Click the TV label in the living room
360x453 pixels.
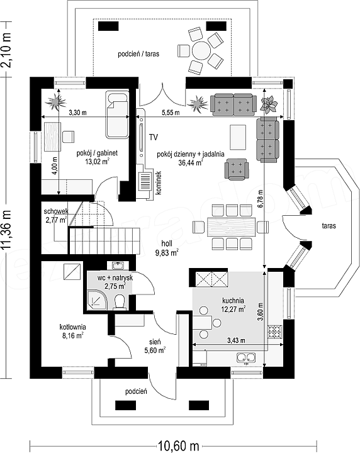(154, 137)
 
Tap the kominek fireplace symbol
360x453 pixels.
(145, 181)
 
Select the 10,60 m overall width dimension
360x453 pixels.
(178, 446)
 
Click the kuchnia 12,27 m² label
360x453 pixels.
(233, 305)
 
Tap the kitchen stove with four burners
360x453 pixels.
(275, 332)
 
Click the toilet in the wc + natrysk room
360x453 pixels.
(120, 302)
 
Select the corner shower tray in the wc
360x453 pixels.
(97, 300)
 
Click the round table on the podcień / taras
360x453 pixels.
(201, 50)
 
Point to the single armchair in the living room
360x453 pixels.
(237, 169)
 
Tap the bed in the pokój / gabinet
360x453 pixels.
(118, 115)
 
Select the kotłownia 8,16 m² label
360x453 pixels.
(72, 331)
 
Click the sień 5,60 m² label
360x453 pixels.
(155, 346)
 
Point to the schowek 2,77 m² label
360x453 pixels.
(56, 216)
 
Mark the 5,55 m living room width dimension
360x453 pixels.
(171, 113)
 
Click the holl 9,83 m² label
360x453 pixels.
(167, 249)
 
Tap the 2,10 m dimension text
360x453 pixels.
(7, 50)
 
